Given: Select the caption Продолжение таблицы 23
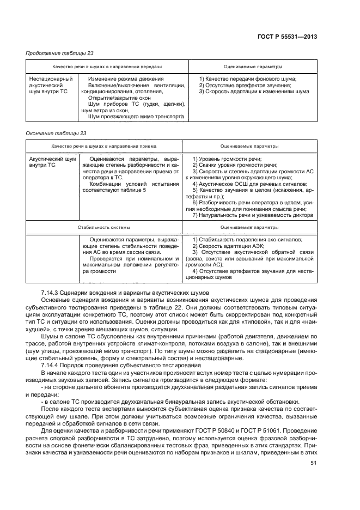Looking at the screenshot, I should (x=57, y=53).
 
